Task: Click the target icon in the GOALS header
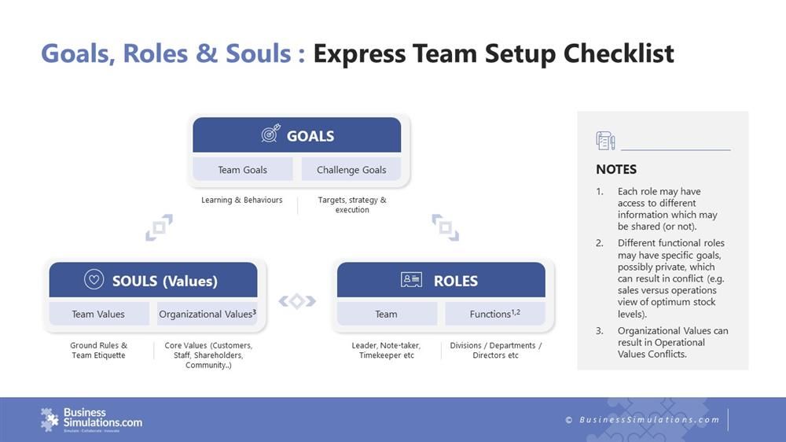tap(270, 135)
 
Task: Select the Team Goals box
tap(242, 169)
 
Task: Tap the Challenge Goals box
tap(351, 169)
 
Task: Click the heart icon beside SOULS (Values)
tap(94, 280)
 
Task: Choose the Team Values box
tap(98, 314)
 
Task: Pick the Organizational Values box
tap(207, 314)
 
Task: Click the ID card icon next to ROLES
tap(411, 280)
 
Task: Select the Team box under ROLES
tap(386, 314)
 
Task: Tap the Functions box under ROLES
tap(494, 314)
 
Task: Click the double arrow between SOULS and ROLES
tap(297, 300)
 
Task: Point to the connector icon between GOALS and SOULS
tap(159, 228)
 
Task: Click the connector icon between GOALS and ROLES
tap(445, 228)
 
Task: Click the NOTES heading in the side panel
tap(616, 169)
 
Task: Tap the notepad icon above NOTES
tap(605, 141)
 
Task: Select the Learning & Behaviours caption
tap(241, 200)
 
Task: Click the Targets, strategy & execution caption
tap(351, 204)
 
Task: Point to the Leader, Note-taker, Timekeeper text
tap(386, 350)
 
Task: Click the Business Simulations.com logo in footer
tap(91, 418)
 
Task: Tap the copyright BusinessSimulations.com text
tap(642, 419)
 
